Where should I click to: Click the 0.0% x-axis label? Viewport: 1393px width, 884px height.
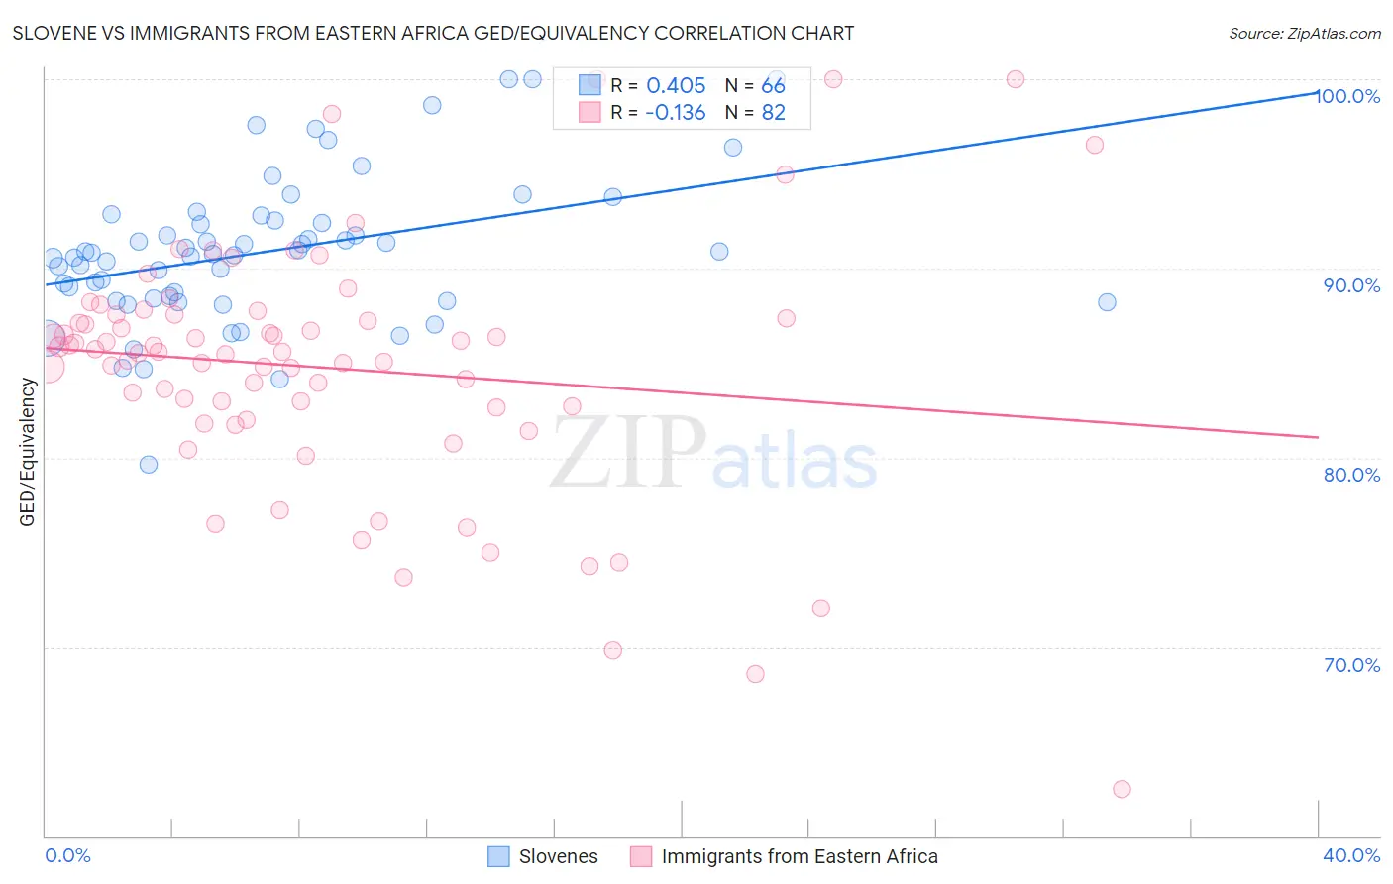coord(67,855)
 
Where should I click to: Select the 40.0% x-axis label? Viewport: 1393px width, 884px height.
coord(1351,855)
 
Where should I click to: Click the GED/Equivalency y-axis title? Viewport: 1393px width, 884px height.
coord(28,452)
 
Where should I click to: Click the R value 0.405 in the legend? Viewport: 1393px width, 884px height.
coord(676,86)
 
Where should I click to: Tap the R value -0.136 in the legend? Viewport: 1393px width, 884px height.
coord(675,113)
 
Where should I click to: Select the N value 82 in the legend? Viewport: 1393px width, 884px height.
coord(773,113)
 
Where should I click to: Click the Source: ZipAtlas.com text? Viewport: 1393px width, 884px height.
coord(1304,34)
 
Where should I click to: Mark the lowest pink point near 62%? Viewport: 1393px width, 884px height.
coord(1122,789)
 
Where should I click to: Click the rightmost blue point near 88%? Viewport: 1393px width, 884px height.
coord(1107,302)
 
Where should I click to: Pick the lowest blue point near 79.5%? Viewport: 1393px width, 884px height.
coord(149,465)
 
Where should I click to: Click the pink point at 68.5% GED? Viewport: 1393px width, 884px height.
coord(755,674)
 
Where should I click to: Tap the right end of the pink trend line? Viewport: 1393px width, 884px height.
coord(1318,437)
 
